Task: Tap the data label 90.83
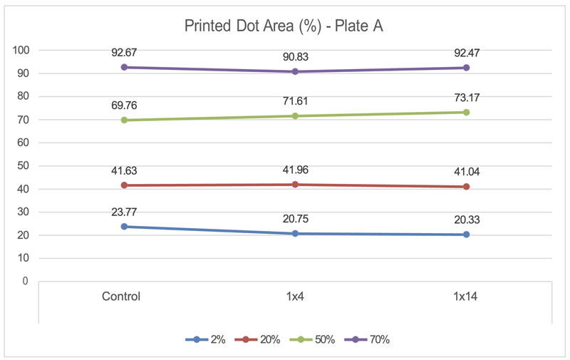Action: [295, 57]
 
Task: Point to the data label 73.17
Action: [467, 98]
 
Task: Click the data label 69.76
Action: [124, 106]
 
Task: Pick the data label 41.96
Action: [295, 170]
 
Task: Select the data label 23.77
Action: [124, 212]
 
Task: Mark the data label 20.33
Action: [467, 220]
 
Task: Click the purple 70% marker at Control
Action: [124, 67]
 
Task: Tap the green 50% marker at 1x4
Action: [295, 115]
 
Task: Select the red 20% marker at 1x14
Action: [467, 187]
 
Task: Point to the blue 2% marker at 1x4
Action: [295, 233]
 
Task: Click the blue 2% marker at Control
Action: [124, 227]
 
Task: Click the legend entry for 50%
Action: [317, 340]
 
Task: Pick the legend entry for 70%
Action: [371, 340]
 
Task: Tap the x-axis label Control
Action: [120, 297]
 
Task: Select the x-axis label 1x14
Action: [466, 297]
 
